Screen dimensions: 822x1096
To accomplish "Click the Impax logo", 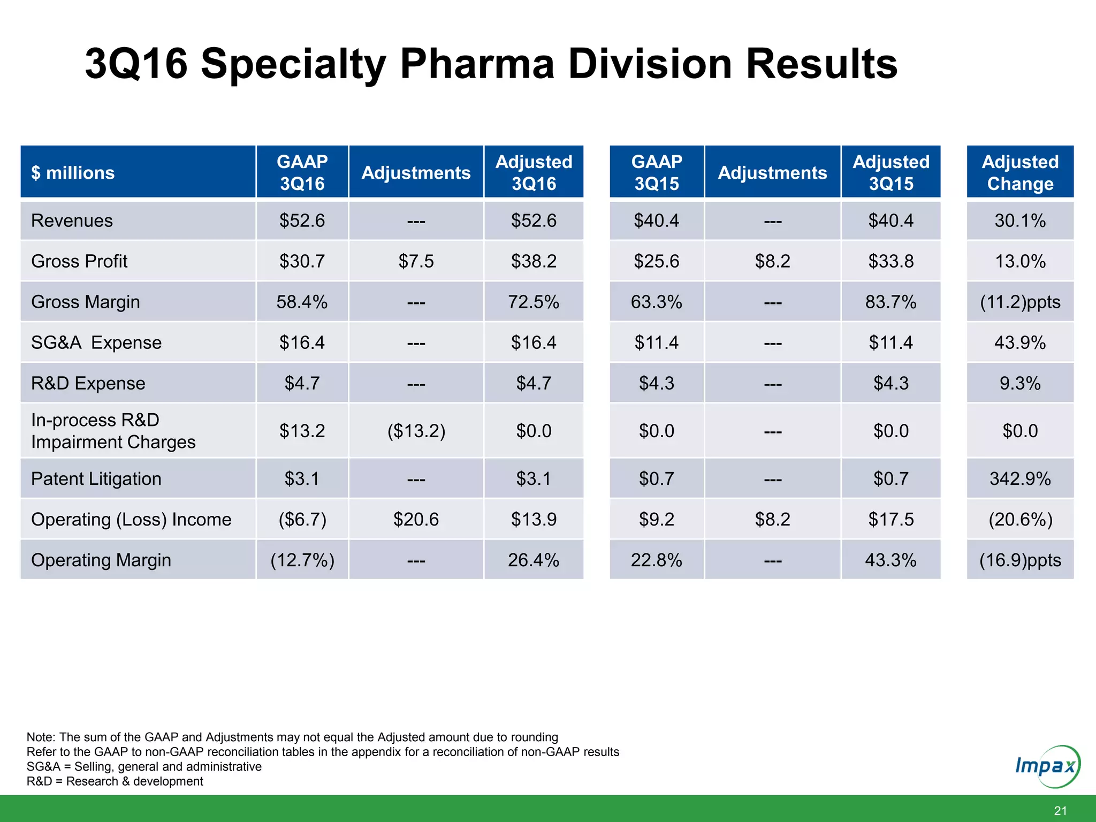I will coord(1047,766).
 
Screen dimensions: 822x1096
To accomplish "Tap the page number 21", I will coord(1060,811).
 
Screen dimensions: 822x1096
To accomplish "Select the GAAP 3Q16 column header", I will coord(302,172).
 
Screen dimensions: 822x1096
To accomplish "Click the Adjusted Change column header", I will coord(1020,172).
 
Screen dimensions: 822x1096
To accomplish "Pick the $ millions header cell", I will coord(73,173).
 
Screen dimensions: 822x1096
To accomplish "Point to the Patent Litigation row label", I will coord(96,478).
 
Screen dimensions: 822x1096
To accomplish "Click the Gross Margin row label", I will coord(86,302).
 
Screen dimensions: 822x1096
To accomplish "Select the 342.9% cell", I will coord(1020,478).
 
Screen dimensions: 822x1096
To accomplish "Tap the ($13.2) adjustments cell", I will coord(416,431).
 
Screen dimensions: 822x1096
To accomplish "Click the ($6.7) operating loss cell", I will coord(302,519).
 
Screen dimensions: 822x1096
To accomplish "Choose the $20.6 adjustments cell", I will coord(416,519).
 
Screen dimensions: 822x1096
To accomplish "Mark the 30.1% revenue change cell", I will coord(1020,220).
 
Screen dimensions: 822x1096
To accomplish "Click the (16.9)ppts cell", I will coord(1020,560).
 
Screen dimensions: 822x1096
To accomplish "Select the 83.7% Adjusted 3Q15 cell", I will coord(891,302).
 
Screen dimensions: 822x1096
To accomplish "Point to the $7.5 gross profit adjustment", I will coord(416,261).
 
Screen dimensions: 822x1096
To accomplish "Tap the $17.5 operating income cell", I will coord(891,519).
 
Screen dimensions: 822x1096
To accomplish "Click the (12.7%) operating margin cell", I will coord(302,560).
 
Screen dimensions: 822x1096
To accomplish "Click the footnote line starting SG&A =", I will coord(144,766).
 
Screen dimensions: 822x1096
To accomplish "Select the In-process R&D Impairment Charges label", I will coord(113,431).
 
